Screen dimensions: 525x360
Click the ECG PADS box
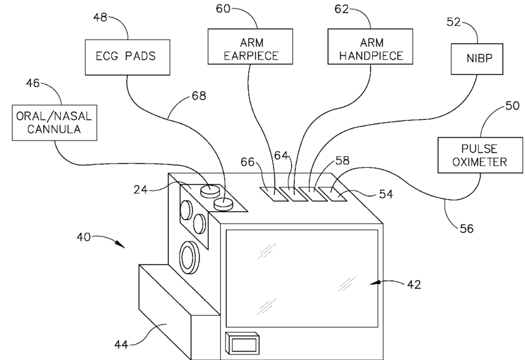[128, 57]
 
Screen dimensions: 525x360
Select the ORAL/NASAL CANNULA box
[55, 123]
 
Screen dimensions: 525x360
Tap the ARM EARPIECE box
[251, 46]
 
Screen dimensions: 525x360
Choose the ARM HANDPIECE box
[370, 46]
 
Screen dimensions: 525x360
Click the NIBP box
[477, 59]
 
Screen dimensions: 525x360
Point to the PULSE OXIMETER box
[480, 155]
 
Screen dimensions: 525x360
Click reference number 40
[83, 237]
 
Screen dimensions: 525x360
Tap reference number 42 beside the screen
[414, 285]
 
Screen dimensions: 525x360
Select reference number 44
[121, 344]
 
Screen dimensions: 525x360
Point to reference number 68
[198, 96]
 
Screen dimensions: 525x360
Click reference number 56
[467, 229]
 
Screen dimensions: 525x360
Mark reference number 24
[141, 190]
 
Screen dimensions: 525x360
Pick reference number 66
[248, 162]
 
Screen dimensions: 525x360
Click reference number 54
[386, 194]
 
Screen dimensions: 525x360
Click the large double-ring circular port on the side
[190, 257]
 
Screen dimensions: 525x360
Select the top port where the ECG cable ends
[223, 204]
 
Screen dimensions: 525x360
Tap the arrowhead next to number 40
[120, 244]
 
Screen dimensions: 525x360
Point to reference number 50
[512, 106]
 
